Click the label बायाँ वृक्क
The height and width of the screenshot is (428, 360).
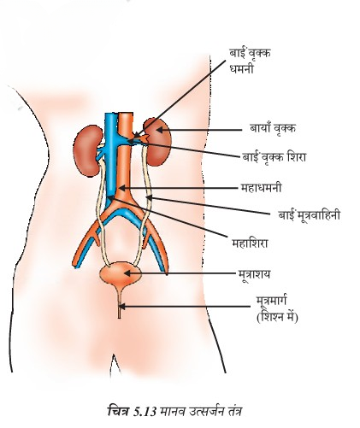273,128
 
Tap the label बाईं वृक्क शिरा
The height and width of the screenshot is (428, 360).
274,156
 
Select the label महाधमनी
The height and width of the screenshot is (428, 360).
261,188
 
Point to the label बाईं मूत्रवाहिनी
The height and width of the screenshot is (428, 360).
310,214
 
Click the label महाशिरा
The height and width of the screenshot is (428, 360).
250,243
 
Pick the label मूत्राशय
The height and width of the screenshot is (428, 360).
254,274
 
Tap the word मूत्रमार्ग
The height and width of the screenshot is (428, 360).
271,302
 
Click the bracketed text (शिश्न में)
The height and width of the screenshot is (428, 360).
277,317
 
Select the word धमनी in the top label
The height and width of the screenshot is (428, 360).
241,69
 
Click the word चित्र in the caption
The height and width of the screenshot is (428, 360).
120,412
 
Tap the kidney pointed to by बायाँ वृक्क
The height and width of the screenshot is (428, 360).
157,142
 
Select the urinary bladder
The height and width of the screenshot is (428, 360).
121,273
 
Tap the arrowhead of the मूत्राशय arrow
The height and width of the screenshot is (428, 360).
127,273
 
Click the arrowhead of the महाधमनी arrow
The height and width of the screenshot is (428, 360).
121,188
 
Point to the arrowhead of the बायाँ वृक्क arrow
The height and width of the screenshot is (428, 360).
159,130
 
